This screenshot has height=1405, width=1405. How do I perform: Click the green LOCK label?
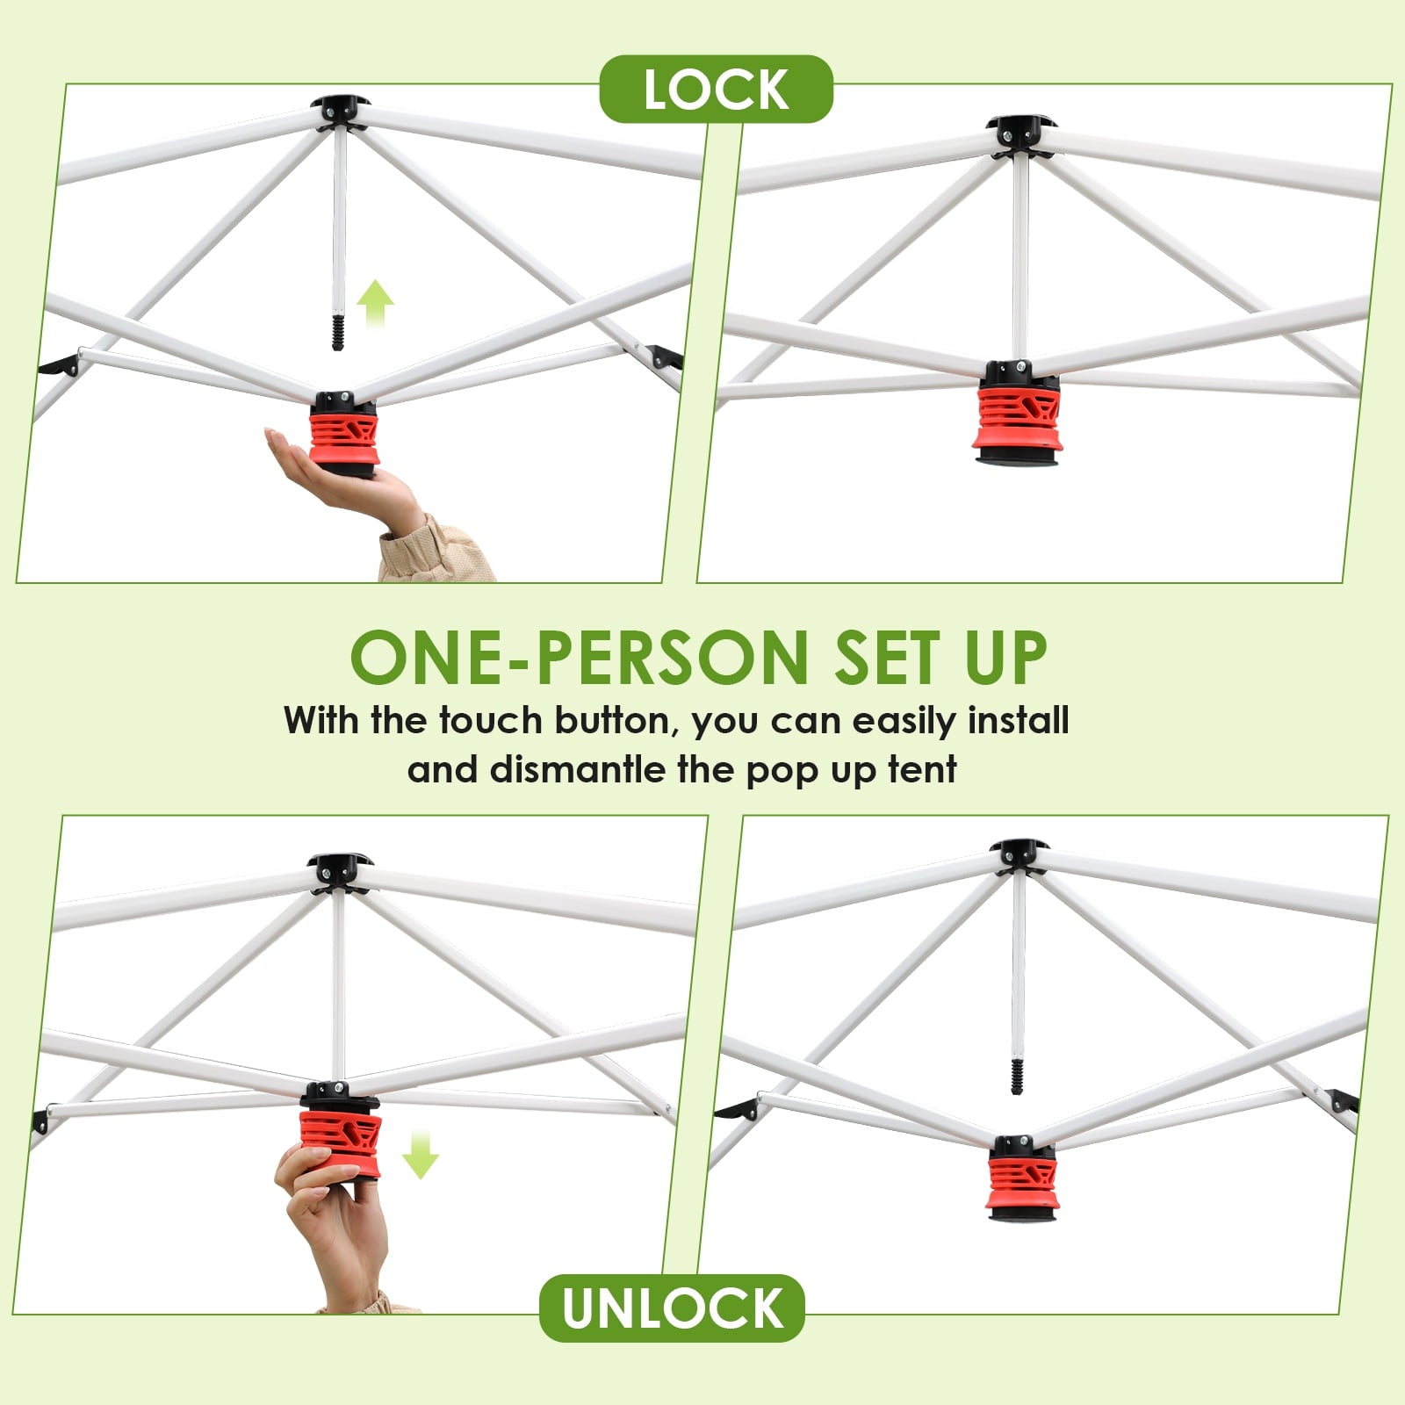pyautogui.click(x=716, y=89)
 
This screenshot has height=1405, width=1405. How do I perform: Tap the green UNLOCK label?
pyautogui.click(x=672, y=1308)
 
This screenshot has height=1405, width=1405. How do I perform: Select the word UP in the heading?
pyautogui.click(x=1006, y=657)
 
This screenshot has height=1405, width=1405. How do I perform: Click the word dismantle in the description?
pyautogui.click(x=578, y=769)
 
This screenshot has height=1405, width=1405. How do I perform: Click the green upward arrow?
pyautogui.click(x=376, y=304)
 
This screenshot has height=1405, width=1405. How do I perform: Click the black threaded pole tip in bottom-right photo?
pyautogui.click(x=1017, y=1075)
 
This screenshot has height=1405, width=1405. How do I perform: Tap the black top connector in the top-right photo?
pyautogui.click(x=1020, y=133)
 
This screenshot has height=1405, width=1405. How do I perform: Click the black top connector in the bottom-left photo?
pyautogui.click(x=340, y=871)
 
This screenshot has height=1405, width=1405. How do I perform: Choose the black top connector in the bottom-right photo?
pyautogui.click(x=1019, y=855)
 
